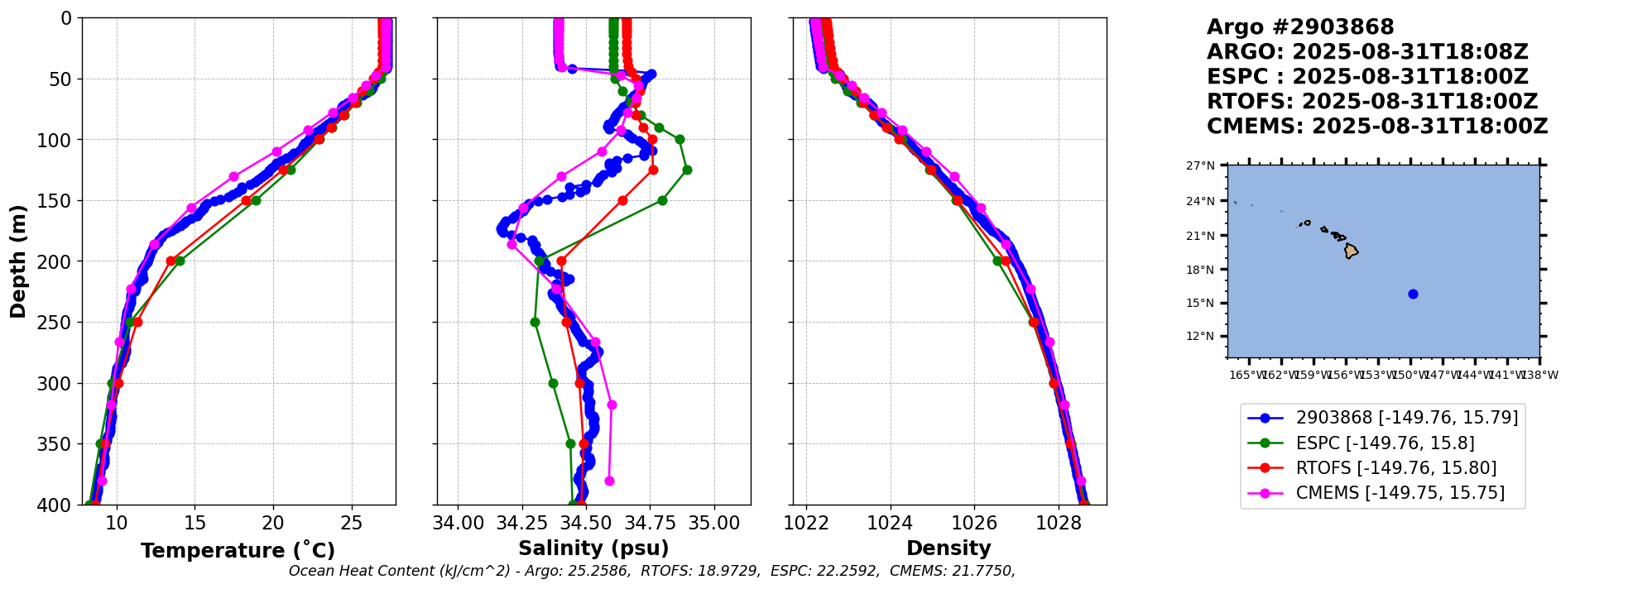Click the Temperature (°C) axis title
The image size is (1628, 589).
238,551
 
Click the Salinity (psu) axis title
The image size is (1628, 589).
593,548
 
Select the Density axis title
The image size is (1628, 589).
948,548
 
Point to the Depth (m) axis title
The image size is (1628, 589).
18,261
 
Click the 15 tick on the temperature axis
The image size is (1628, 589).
194,523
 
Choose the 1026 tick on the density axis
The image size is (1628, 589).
974,523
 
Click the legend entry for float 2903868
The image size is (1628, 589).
1406,418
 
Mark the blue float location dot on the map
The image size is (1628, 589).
1413,294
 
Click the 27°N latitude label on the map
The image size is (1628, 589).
1200,165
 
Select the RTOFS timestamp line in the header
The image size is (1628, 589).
1371,102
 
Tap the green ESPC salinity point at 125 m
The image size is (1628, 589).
687,170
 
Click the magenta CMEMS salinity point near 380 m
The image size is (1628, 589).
609,481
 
